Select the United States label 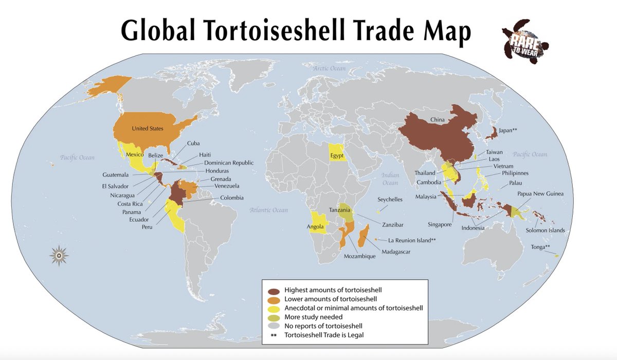click(148, 128)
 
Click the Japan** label click(507, 131)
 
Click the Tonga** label click(541, 247)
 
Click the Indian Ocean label click(390, 179)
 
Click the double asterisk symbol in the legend click(274, 335)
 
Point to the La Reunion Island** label click(412, 240)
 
